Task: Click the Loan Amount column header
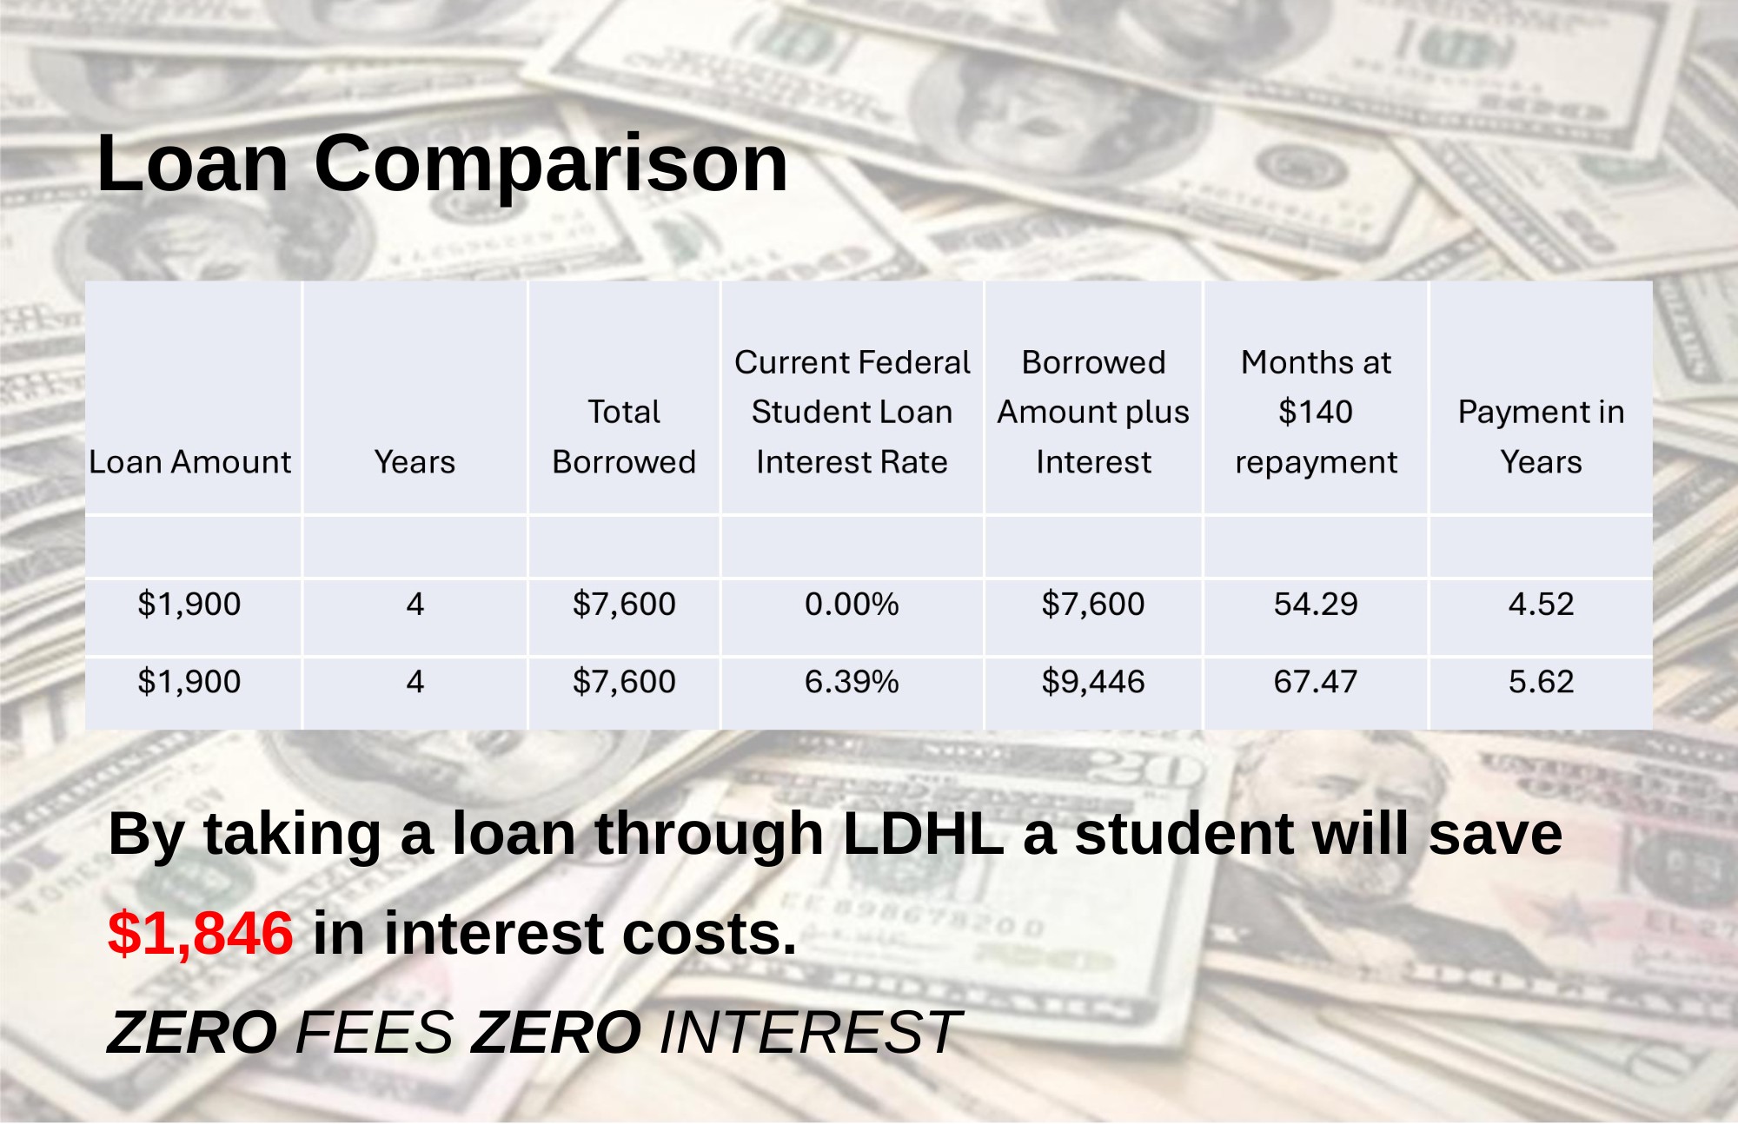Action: pyautogui.click(x=189, y=462)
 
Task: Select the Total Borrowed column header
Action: pyautogui.click(x=624, y=437)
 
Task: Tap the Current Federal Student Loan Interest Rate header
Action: pyautogui.click(x=852, y=412)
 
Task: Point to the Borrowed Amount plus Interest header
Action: pyautogui.click(x=1093, y=412)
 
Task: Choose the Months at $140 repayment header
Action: pyautogui.click(x=1316, y=412)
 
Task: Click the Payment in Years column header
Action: pyautogui.click(x=1541, y=437)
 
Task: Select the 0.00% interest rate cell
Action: pyautogui.click(x=852, y=604)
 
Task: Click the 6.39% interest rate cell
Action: pyautogui.click(x=852, y=682)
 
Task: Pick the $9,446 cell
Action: pyautogui.click(x=1093, y=682)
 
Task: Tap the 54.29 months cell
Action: pyautogui.click(x=1316, y=604)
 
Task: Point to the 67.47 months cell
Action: pyautogui.click(x=1316, y=682)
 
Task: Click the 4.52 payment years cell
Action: pyautogui.click(x=1541, y=604)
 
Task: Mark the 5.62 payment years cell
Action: pyautogui.click(x=1541, y=682)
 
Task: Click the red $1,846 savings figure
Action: pyautogui.click(x=200, y=934)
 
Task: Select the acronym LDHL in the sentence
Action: pyautogui.click(x=923, y=834)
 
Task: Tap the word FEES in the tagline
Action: pyautogui.click(x=375, y=1033)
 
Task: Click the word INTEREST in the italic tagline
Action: pyautogui.click(x=810, y=1033)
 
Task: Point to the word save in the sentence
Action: pyautogui.click(x=1495, y=834)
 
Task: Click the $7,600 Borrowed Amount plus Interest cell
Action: pyautogui.click(x=1093, y=604)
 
